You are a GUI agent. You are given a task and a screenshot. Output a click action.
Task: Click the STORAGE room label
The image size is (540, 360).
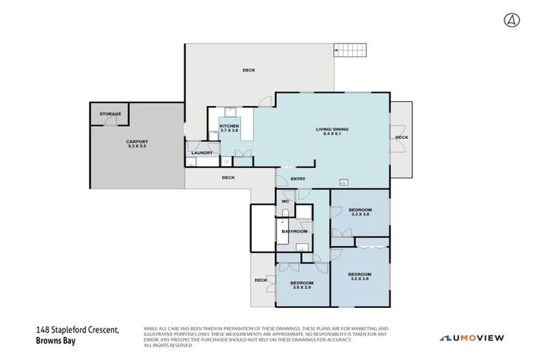point(110,114)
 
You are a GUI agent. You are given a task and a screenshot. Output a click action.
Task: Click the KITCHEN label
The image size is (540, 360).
point(230,125)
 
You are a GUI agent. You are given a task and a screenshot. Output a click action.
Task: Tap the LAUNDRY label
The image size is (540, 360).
point(202,152)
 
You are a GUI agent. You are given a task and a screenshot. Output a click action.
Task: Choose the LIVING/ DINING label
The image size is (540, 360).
point(332,129)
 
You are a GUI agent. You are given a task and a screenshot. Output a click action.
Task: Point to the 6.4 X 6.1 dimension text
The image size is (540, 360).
point(332,134)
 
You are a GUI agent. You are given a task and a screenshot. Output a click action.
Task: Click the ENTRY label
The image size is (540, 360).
point(297,178)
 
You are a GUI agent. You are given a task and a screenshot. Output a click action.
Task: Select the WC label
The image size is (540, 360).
point(285,202)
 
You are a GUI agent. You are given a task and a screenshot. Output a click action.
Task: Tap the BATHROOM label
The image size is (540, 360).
point(295,231)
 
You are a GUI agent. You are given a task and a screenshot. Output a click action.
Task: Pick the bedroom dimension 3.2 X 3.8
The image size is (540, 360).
point(359,279)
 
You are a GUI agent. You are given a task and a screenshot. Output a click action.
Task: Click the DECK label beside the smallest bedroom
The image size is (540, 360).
point(261,280)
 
